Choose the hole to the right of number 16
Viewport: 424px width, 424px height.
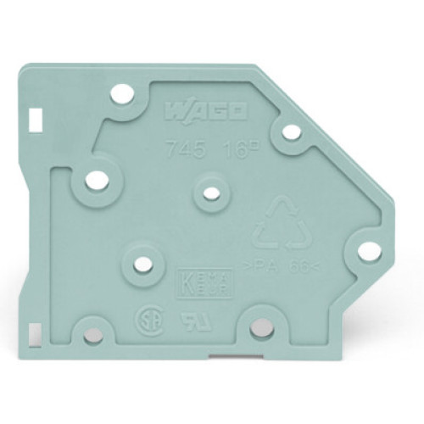pos(290,131)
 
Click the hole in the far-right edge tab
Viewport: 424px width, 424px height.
pos(367,251)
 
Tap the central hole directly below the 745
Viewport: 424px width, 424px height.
pos(209,191)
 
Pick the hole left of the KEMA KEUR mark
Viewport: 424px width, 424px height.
pos(143,263)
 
